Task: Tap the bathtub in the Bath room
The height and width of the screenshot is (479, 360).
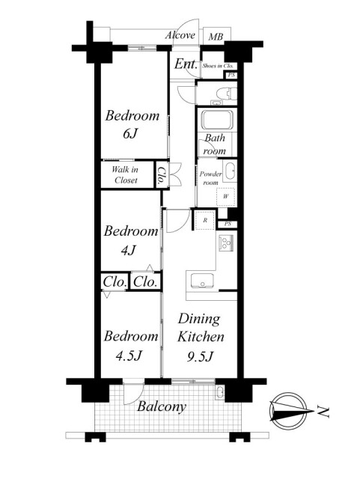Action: [218, 120]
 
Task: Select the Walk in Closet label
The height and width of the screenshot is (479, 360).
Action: [125, 174]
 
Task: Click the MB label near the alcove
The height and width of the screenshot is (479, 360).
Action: [216, 37]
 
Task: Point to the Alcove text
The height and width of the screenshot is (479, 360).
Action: [180, 35]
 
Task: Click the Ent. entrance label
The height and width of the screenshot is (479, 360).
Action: [186, 64]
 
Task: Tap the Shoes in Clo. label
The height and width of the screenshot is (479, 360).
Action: [218, 66]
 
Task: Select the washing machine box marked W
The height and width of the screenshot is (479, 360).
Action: [225, 196]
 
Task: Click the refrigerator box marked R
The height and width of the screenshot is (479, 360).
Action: [205, 220]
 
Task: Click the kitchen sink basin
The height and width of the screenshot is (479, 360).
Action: [202, 281]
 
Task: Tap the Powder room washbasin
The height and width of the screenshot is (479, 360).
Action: [230, 171]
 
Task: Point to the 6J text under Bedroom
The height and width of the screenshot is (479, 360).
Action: [131, 133]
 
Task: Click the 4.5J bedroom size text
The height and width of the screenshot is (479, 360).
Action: [129, 355]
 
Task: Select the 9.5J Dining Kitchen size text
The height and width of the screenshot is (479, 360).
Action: [200, 356]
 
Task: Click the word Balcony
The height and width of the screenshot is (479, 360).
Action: [162, 406]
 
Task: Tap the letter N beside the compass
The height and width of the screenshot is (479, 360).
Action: [323, 412]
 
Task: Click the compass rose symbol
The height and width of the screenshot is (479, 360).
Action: [289, 411]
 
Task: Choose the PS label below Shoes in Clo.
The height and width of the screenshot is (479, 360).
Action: [231, 75]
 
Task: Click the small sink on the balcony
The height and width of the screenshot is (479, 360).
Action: [220, 392]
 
